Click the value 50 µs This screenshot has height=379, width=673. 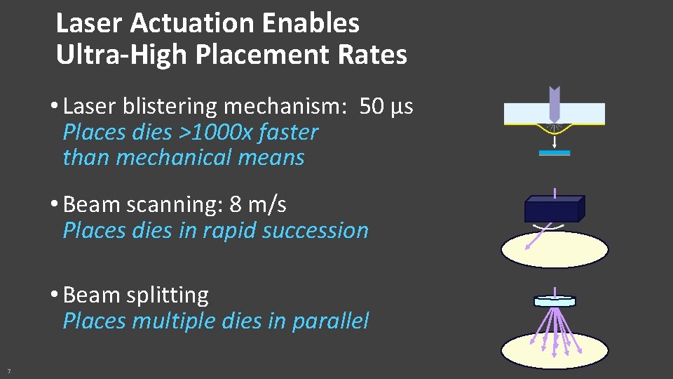click(x=386, y=107)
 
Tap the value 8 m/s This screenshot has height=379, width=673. click(x=258, y=205)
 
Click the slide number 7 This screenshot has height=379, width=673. click(x=8, y=371)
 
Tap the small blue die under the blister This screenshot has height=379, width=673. click(x=555, y=152)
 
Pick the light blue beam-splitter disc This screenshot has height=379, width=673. click(x=555, y=301)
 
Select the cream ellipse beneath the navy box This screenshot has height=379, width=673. click(x=555, y=251)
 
